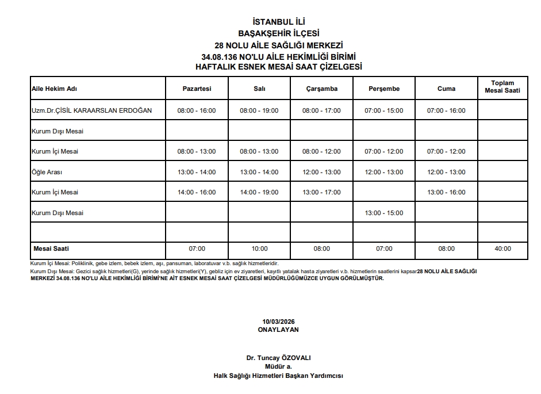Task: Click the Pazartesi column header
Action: pyautogui.click(x=197, y=89)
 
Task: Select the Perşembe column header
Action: pyautogui.click(x=384, y=89)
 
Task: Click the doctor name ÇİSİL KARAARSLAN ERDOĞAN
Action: pyautogui.click(x=91, y=110)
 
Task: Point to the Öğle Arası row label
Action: pyautogui.click(x=47, y=172)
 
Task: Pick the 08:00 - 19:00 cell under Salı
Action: pyautogui.click(x=259, y=110)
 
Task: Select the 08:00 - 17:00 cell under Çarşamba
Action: pyautogui.click(x=321, y=110)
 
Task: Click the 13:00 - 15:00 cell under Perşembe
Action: pyautogui.click(x=384, y=213)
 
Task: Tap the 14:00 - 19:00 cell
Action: pyautogui.click(x=259, y=192)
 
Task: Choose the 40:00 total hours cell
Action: pyautogui.click(x=502, y=249)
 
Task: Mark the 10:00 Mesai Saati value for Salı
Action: pyautogui.click(x=259, y=249)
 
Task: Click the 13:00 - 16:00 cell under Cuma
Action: pyautogui.click(x=446, y=192)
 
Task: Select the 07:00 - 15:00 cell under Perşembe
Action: pyautogui.click(x=384, y=110)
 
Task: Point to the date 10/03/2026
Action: pyautogui.click(x=278, y=321)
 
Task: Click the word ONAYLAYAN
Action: pyautogui.click(x=278, y=330)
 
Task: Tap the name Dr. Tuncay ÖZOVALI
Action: pyautogui.click(x=278, y=358)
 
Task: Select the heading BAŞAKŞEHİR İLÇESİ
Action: pyautogui.click(x=278, y=33)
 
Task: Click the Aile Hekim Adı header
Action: pyautogui.click(x=54, y=89)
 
